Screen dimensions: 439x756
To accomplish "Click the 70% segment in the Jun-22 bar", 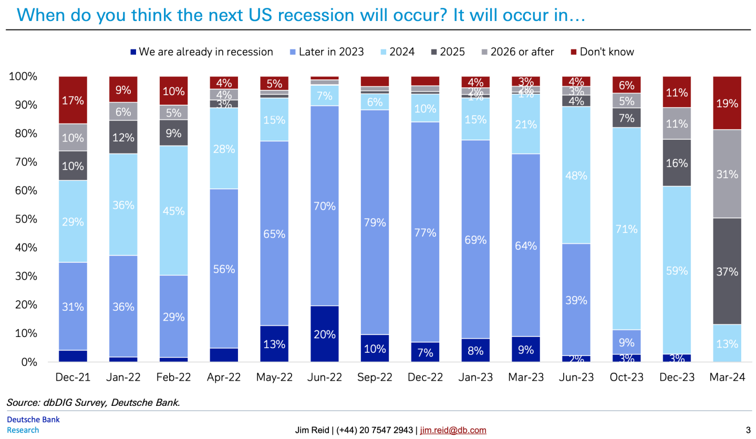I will tap(324, 206).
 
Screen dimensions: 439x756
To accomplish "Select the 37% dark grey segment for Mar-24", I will tap(727, 272).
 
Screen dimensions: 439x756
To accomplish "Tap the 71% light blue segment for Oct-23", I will tap(626, 229).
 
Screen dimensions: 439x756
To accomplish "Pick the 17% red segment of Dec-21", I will tap(73, 100).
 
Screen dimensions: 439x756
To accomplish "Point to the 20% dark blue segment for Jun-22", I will tap(324, 334).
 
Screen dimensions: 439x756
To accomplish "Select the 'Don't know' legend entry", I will tap(606, 52).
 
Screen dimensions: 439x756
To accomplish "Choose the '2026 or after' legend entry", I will tap(521, 52).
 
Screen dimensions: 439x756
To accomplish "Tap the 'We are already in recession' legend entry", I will tap(205, 52).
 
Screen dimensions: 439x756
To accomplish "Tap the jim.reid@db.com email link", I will tap(453, 430).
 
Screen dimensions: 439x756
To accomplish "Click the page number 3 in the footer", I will tap(748, 430).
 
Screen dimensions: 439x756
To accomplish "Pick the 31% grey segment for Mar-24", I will tap(727, 174).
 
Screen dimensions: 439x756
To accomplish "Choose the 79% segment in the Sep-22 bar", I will tap(375, 222).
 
